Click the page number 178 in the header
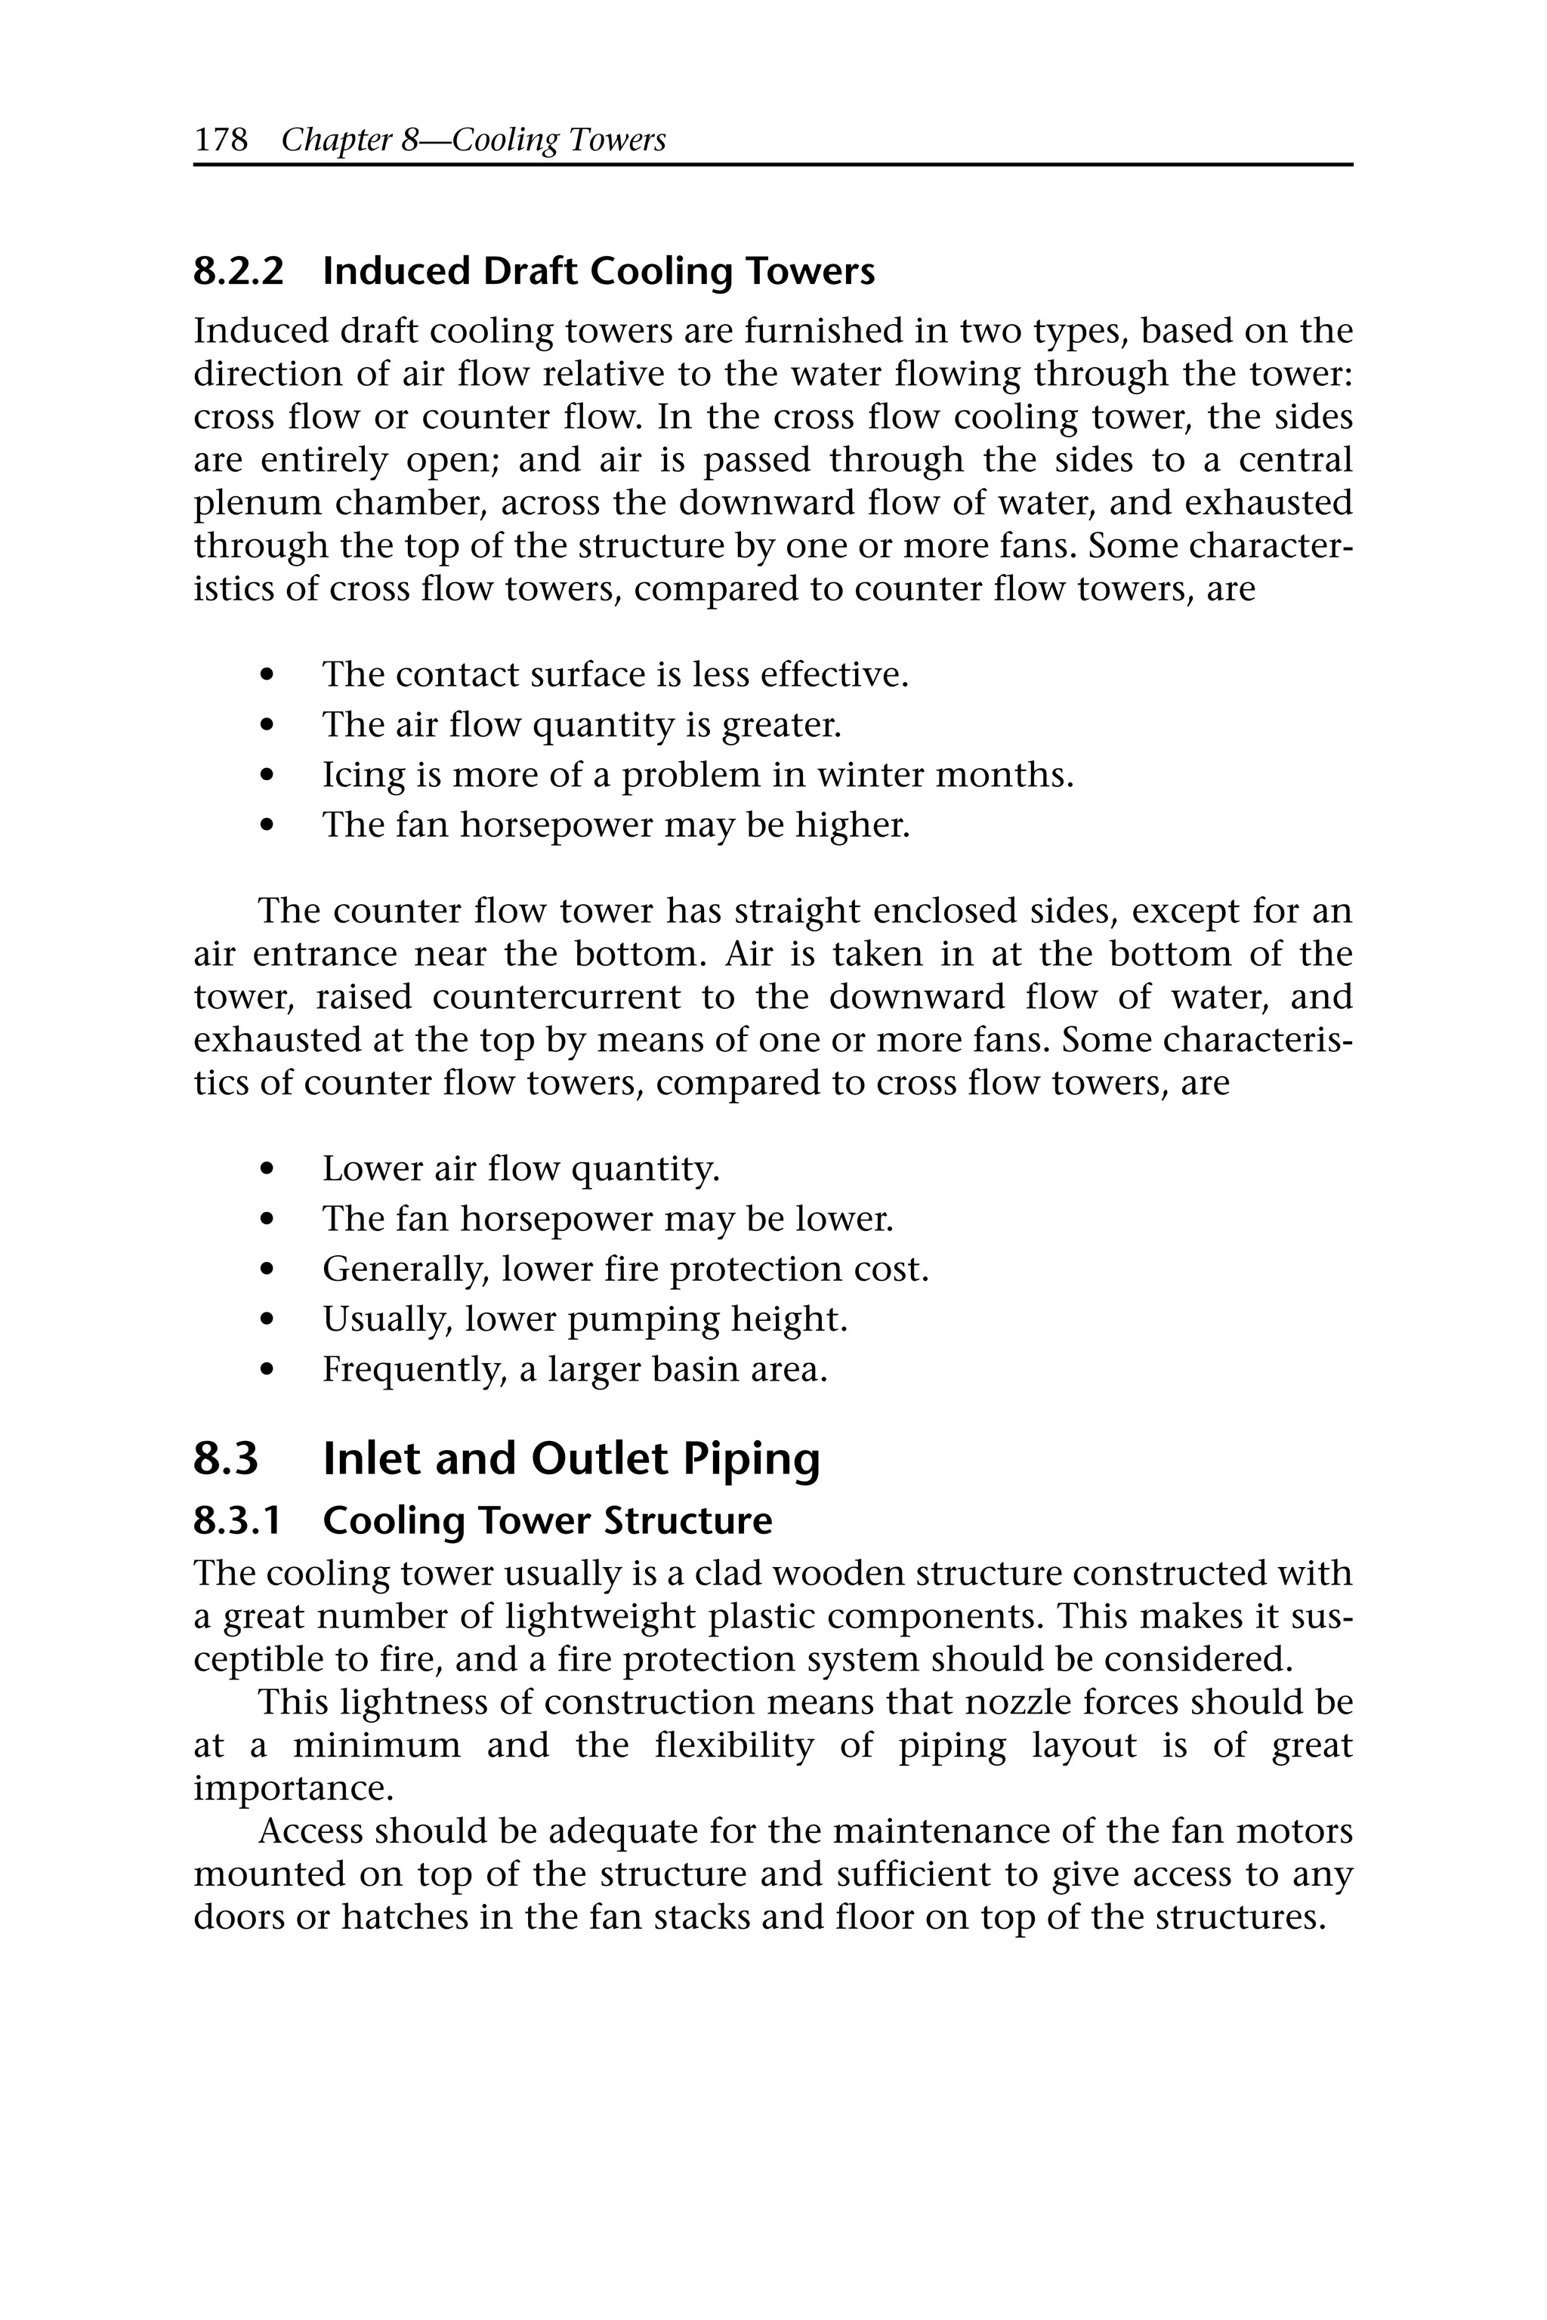(x=221, y=140)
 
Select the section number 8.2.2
(x=238, y=271)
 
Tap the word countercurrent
(x=557, y=996)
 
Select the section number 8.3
(x=226, y=1459)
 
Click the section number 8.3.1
(x=236, y=1520)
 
